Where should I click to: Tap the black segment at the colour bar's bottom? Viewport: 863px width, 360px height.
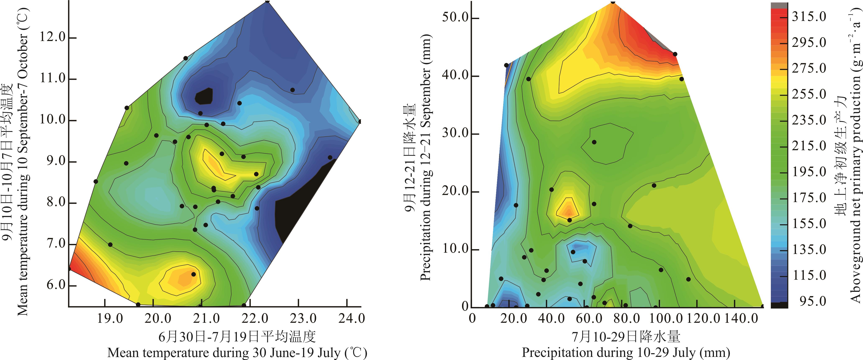(x=779, y=305)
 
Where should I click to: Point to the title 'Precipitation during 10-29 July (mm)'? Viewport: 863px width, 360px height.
(x=626, y=353)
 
